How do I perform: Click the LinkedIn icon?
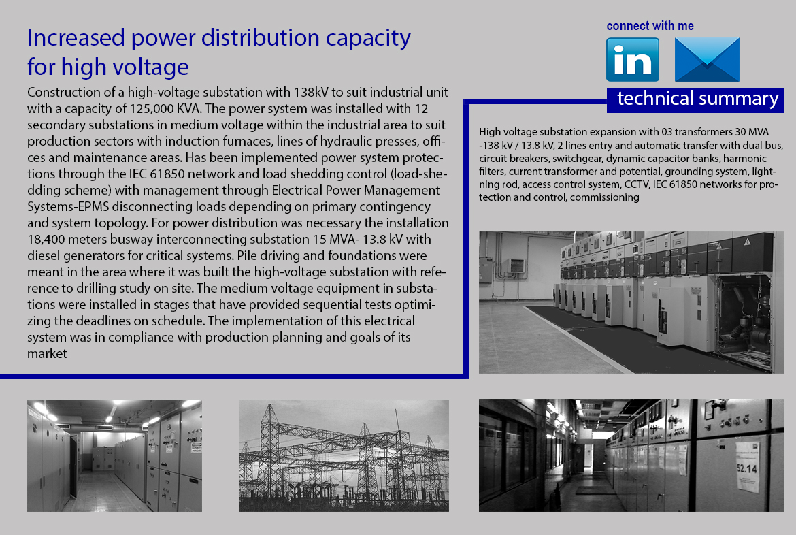[633, 59]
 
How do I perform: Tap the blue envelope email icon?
[707, 59]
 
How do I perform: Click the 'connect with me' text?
[650, 26]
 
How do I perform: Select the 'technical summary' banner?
[695, 99]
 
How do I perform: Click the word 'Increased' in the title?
[76, 38]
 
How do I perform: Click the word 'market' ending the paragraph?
[47, 354]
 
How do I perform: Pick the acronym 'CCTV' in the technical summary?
[637, 184]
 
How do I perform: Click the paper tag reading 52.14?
[747, 466]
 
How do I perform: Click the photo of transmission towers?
[344, 455]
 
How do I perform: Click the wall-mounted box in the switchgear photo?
[516, 265]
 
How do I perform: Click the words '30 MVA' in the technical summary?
[752, 132]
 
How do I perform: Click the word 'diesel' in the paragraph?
[44, 255]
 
